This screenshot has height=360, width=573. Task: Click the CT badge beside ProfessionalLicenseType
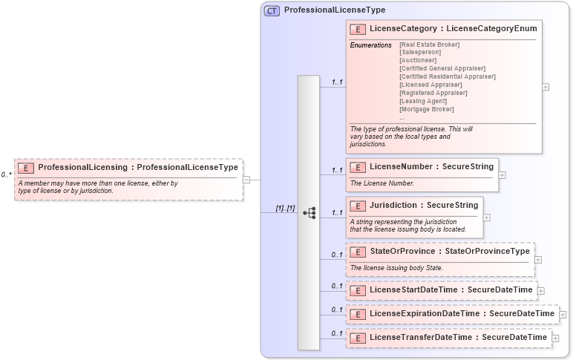(x=272, y=11)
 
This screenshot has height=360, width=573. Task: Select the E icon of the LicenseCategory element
(x=358, y=28)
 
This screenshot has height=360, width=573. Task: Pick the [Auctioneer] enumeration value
(x=418, y=60)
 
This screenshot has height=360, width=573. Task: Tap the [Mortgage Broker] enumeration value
(x=426, y=109)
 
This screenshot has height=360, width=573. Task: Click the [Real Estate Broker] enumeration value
(x=429, y=45)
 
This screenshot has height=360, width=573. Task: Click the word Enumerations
(x=370, y=45)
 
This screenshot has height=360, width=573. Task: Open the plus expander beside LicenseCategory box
(x=546, y=87)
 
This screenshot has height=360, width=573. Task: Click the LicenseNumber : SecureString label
(x=431, y=167)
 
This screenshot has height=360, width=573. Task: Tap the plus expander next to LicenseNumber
(x=502, y=175)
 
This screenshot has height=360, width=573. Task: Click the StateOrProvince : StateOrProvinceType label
(x=449, y=251)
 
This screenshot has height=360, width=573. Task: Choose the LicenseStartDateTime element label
(x=451, y=289)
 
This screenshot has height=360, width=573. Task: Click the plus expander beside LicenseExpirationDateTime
(x=563, y=315)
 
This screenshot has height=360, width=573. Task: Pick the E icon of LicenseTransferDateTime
(x=358, y=338)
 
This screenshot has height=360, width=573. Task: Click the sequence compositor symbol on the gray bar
(x=310, y=213)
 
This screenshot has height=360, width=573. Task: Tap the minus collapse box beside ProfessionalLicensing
(x=246, y=179)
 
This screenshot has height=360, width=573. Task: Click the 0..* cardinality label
(x=6, y=175)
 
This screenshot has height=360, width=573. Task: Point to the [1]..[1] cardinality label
(x=286, y=209)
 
